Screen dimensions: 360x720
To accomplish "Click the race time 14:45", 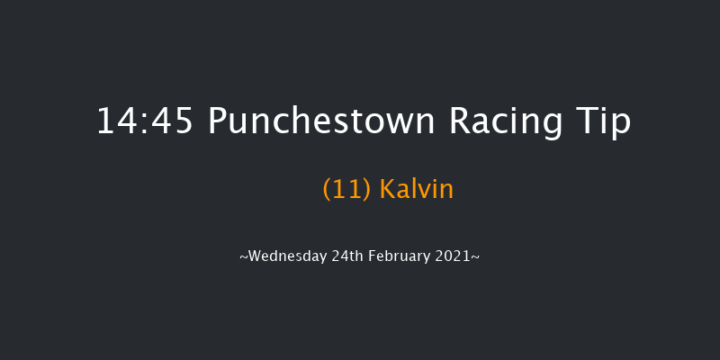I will click(145, 121).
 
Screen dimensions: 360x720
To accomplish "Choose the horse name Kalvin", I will click(417, 190).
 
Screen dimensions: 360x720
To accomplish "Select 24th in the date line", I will click(348, 256).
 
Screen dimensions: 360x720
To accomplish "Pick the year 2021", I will click(455, 256).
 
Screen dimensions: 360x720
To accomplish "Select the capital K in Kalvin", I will click(387, 190).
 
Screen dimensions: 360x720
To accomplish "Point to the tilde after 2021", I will click(475, 257).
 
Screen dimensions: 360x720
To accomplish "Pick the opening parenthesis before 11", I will click(326, 191).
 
